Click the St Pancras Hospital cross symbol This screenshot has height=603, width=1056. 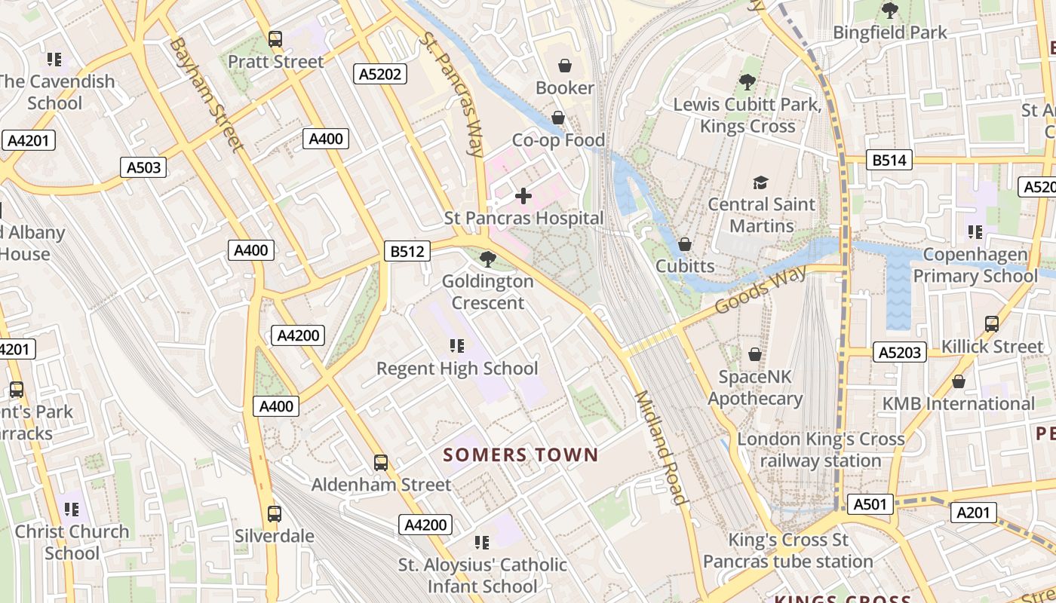click(523, 196)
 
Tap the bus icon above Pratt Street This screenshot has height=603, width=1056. click(275, 39)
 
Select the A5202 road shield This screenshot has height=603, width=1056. click(380, 74)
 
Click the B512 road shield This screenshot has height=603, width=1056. click(407, 251)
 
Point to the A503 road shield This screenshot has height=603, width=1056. click(143, 167)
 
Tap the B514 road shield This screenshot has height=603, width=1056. click(889, 160)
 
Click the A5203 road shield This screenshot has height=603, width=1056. click(900, 352)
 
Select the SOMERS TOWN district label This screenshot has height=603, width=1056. click(520, 455)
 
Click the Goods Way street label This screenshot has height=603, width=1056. click(760, 289)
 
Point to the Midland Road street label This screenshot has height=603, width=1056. click(660, 448)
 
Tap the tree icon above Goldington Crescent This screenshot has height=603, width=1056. click(488, 259)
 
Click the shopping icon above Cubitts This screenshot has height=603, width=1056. click(685, 244)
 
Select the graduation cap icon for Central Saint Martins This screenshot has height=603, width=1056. click(760, 182)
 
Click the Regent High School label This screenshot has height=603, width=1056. click(457, 369)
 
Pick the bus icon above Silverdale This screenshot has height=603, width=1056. click(275, 514)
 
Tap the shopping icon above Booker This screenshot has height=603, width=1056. click(565, 66)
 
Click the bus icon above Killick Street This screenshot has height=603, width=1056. click(992, 324)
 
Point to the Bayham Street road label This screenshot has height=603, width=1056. click(205, 94)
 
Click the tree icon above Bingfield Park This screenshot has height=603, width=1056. click(890, 11)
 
